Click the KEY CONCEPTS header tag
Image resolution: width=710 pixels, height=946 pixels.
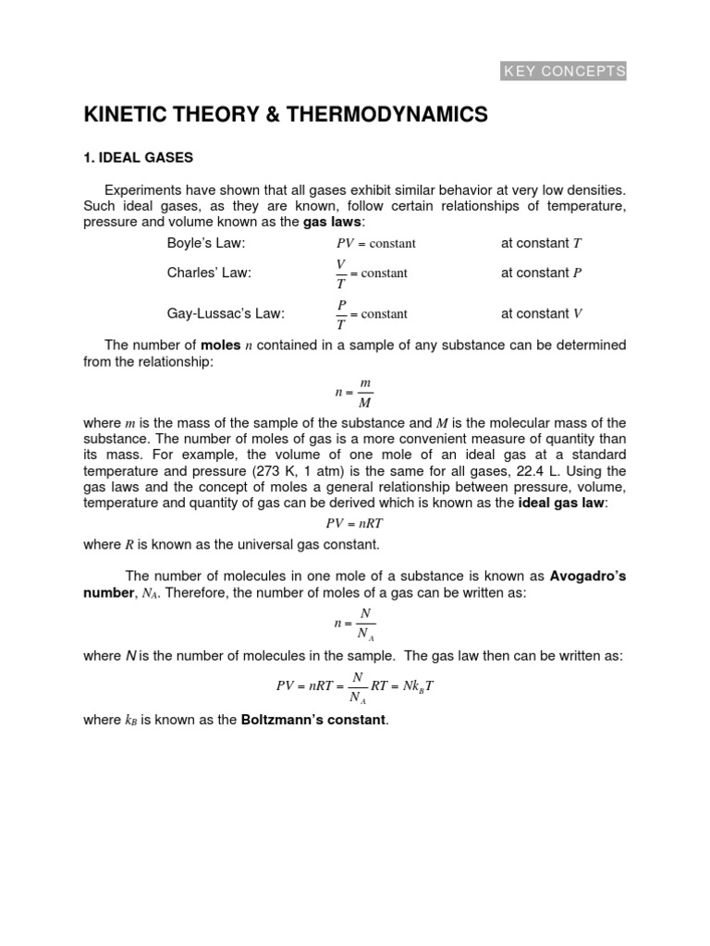[564, 71]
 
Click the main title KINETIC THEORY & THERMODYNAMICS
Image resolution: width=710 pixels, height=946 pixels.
[285, 115]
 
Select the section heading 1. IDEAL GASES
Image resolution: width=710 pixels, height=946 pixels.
[139, 158]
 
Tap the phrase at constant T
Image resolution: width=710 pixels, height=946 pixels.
[541, 243]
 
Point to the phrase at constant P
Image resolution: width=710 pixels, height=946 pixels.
[541, 273]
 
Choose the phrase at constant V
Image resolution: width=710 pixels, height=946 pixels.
[541, 313]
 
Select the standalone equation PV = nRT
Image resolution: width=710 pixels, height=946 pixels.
[354, 522]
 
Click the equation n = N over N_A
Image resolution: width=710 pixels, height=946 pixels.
[355, 624]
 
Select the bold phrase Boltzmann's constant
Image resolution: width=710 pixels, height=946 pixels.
[312, 720]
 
